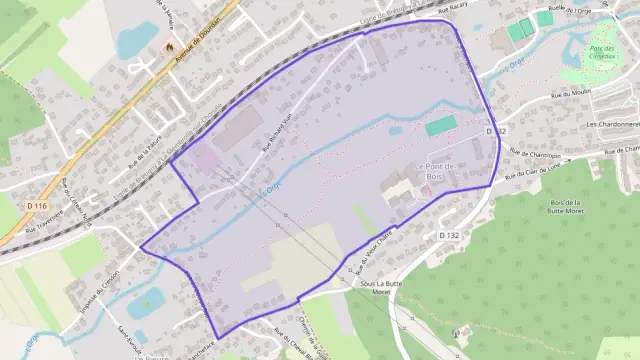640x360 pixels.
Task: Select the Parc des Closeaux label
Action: (600, 53)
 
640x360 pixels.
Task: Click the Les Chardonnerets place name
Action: (612, 124)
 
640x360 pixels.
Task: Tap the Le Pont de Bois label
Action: (433, 171)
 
